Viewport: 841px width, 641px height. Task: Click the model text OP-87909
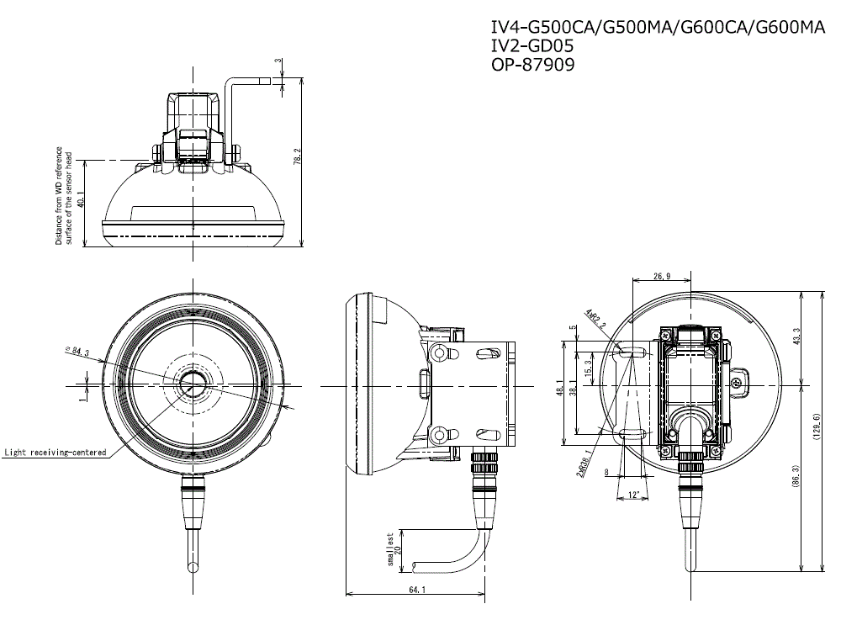pos(532,65)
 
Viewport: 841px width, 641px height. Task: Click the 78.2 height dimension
pos(296,156)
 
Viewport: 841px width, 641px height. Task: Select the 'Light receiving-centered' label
pos(56,453)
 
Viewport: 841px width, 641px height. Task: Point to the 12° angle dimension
pos(635,494)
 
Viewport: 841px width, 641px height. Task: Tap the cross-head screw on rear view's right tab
pos(737,383)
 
